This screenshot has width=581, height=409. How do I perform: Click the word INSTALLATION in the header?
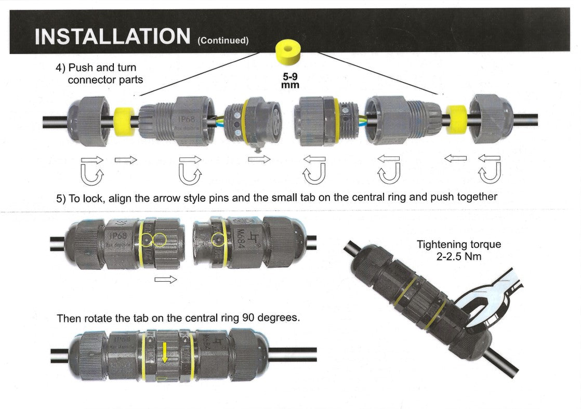[112, 36]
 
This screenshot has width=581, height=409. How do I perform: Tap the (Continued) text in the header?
[223, 40]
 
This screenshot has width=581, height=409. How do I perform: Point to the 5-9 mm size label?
[290, 81]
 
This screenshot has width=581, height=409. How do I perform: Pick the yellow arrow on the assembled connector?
[165, 352]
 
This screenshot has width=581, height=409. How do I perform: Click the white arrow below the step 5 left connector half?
[166, 280]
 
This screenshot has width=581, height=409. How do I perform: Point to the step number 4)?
[61, 68]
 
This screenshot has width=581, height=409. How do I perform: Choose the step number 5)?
[61, 197]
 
